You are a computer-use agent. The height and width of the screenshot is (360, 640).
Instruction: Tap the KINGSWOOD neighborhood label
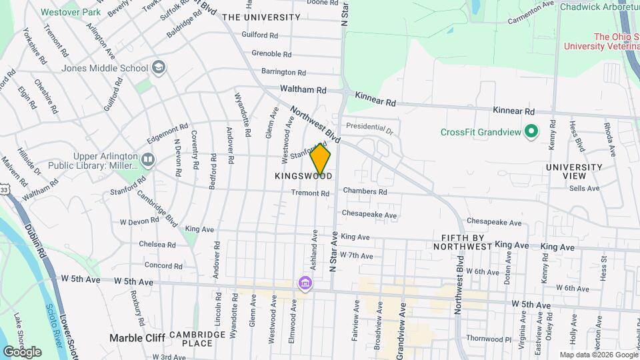303,176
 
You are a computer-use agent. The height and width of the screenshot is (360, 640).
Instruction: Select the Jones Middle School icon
159,67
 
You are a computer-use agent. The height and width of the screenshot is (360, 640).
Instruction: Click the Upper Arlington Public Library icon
147,159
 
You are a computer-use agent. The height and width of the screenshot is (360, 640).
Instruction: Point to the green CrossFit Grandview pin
531,131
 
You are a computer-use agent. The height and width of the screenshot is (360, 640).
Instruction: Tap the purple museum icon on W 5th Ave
305,283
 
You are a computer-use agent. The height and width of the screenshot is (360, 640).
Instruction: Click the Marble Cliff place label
137,338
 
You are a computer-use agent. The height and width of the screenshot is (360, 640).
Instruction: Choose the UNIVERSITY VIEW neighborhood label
565,171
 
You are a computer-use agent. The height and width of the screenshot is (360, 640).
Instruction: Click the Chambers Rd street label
365,191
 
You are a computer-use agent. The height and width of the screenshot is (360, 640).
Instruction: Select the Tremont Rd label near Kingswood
310,193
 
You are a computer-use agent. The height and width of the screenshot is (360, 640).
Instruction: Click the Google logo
23,351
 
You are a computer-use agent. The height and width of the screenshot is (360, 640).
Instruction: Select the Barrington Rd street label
283,71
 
